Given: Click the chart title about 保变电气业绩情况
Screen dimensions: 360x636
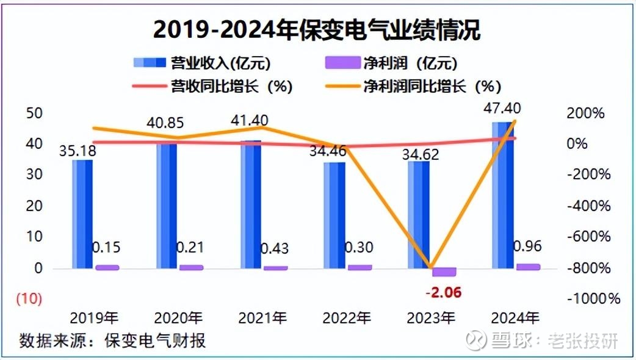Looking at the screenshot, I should (317, 29).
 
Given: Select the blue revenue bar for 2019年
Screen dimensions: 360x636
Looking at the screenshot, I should (82, 214).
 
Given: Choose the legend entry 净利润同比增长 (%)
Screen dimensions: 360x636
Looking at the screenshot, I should (428, 86).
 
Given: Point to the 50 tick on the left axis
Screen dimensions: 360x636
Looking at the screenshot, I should (34, 113).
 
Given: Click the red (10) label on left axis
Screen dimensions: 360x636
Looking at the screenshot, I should (29, 299).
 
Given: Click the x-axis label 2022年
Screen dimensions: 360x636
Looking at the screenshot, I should (345, 318).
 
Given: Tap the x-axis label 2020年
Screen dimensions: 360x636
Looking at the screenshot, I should (178, 318).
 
